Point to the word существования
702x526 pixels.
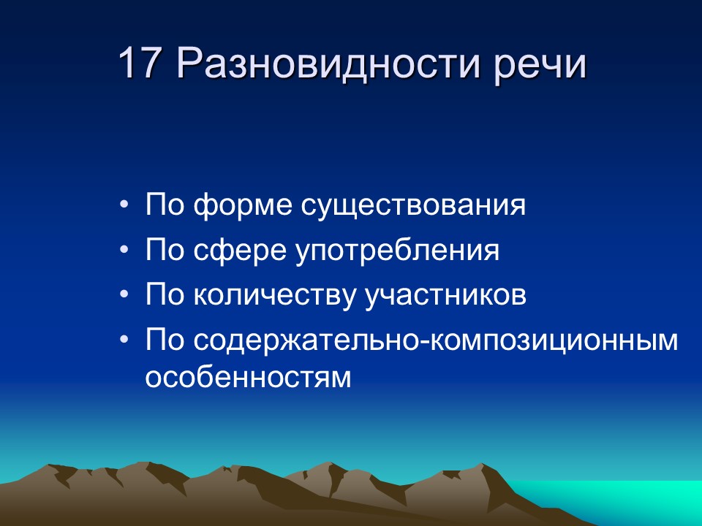(x=413, y=205)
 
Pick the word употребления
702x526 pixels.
(x=398, y=251)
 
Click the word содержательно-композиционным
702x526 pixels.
(x=436, y=341)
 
